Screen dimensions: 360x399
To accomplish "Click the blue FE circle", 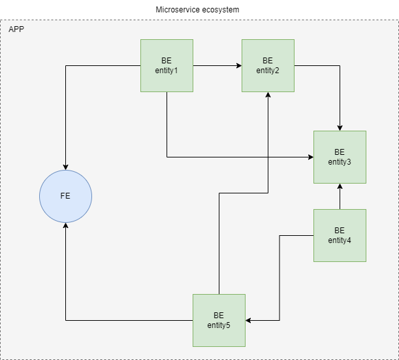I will pyautogui.click(x=65, y=196).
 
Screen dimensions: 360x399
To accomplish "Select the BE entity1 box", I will pyautogui.click(x=167, y=65).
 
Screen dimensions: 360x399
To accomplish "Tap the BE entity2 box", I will pyautogui.click(x=268, y=65).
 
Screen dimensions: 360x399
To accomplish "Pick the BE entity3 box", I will pyautogui.click(x=340, y=157).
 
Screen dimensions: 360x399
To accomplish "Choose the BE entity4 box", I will pyautogui.click(x=340, y=235).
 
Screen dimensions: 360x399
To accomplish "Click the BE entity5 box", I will pyautogui.click(x=219, y=320).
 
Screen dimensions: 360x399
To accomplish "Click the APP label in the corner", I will pyautogui.click(x=16, y=30).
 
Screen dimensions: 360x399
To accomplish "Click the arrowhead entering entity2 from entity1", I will pyautogui.click(x=238, y=65).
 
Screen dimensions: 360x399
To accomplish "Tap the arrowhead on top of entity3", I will pyautogui.click(x=340, y=127).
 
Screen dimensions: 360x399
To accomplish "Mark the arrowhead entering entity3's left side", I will pyautogui.click(x=310, y=157).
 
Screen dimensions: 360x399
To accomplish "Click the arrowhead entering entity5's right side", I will pyautogui.click(x=249, y=320).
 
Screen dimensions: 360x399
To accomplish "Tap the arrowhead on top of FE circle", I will pyautogui.click(x=65, y=167).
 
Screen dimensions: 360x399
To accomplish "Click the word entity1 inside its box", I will pyautogui.click(x=167, y=71).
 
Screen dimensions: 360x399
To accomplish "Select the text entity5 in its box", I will pyautogui.click(x=219, y=325).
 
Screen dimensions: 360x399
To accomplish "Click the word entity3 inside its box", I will pyautogui.click(x=340, y=162).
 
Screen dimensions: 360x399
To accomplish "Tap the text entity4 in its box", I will pyautogui.click(x=340, y=240).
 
